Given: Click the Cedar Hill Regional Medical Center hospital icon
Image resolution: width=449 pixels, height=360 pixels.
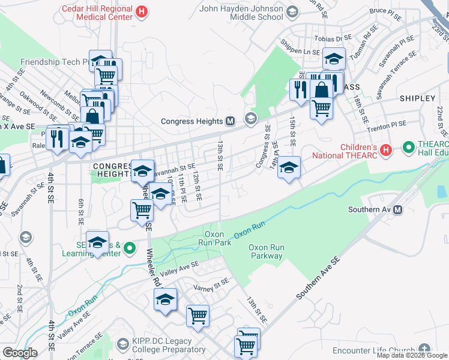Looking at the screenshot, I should [142, 11].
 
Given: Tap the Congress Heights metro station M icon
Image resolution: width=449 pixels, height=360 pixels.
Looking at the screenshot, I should [230, 121].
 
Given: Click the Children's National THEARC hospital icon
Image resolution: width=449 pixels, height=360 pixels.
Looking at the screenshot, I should [386, 148].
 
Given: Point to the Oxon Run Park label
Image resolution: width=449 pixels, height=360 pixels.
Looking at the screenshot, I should [215, 239].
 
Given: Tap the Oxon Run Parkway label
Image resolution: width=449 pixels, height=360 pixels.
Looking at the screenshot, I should [266, 251].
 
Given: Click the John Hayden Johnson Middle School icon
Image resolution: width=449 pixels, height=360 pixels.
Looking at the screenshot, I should [292, 11].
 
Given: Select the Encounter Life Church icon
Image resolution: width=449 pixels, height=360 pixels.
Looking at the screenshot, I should [425, 349].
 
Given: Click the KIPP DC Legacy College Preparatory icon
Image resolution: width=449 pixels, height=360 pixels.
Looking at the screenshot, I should [123, 344].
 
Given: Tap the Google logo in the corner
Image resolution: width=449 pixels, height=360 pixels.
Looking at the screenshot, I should [20, 353].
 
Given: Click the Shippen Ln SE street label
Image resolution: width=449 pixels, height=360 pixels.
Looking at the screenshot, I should [300, 52].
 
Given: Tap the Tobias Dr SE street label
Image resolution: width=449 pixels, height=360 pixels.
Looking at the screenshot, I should [333, 38].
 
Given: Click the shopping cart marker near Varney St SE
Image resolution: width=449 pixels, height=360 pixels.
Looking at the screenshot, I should [197, 315].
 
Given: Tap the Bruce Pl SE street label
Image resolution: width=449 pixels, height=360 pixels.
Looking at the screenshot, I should [385, 11].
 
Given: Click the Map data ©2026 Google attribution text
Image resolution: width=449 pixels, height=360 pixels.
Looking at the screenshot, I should [412, 355].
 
